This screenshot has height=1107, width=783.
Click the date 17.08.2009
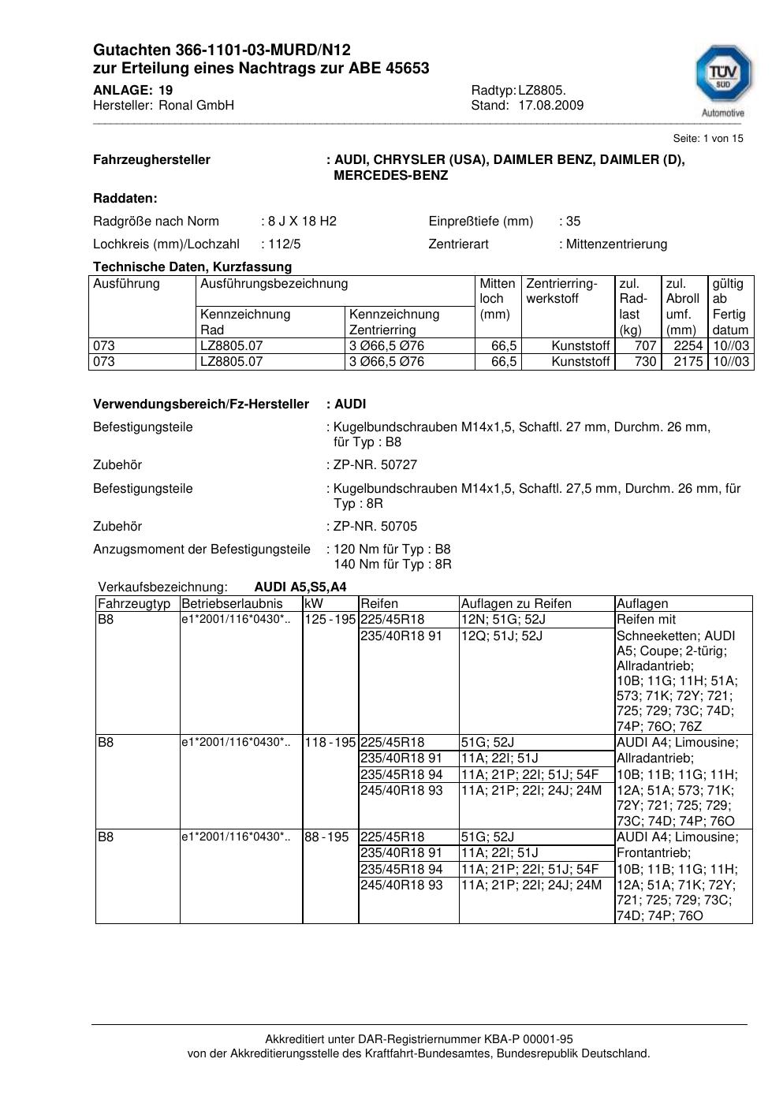(x=550, y=106)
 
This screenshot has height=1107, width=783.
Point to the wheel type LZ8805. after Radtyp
(x=542, y=91)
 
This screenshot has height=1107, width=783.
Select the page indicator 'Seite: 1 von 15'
(x=707, y=139)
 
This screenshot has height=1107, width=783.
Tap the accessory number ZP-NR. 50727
(x=375, y=465)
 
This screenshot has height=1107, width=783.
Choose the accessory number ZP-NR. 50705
(x=375, y=527)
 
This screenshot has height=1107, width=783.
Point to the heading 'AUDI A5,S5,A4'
(x=300, y=587)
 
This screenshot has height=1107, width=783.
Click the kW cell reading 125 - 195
(x=330, y=620)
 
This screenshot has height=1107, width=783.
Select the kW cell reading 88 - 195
(x=326, y=837)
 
